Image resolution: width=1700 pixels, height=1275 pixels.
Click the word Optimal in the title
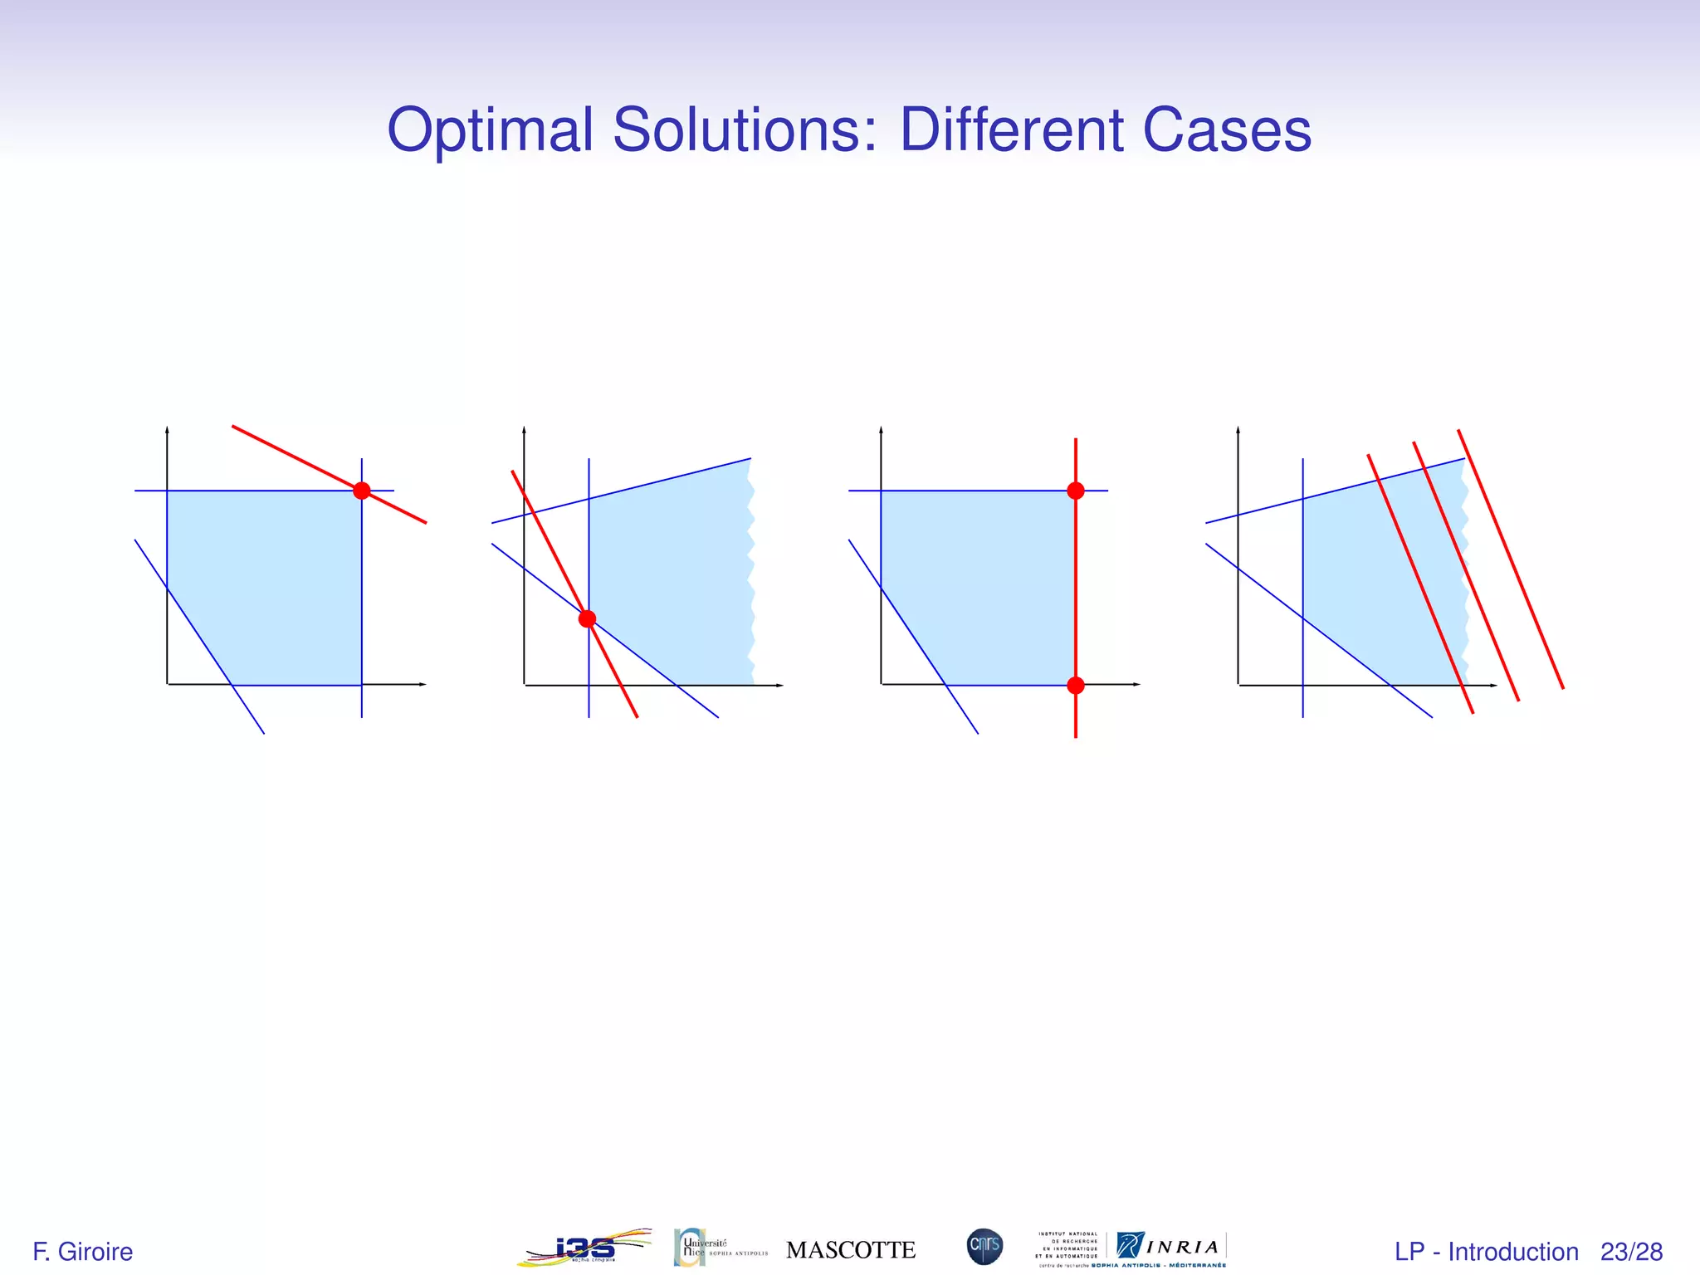[490, 131]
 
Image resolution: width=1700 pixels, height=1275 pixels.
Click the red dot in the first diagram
[362, 491]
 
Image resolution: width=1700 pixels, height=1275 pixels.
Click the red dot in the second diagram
[588, 618]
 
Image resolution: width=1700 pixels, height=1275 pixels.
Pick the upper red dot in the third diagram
[1076, 491]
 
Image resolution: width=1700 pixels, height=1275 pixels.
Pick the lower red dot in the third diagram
[1076, 685]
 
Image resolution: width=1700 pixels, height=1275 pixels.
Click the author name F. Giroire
[82, 1252]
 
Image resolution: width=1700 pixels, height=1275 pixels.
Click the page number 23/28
[1631, 1252]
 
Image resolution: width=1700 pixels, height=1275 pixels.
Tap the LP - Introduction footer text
[1486, 1252]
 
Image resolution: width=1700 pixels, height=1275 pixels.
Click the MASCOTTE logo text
[851, 1250]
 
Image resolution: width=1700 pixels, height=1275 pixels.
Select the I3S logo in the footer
[585, 1248]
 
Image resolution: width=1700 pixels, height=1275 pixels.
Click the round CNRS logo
[984, 1247]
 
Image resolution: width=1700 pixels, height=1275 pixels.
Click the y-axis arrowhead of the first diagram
[168, 430]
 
